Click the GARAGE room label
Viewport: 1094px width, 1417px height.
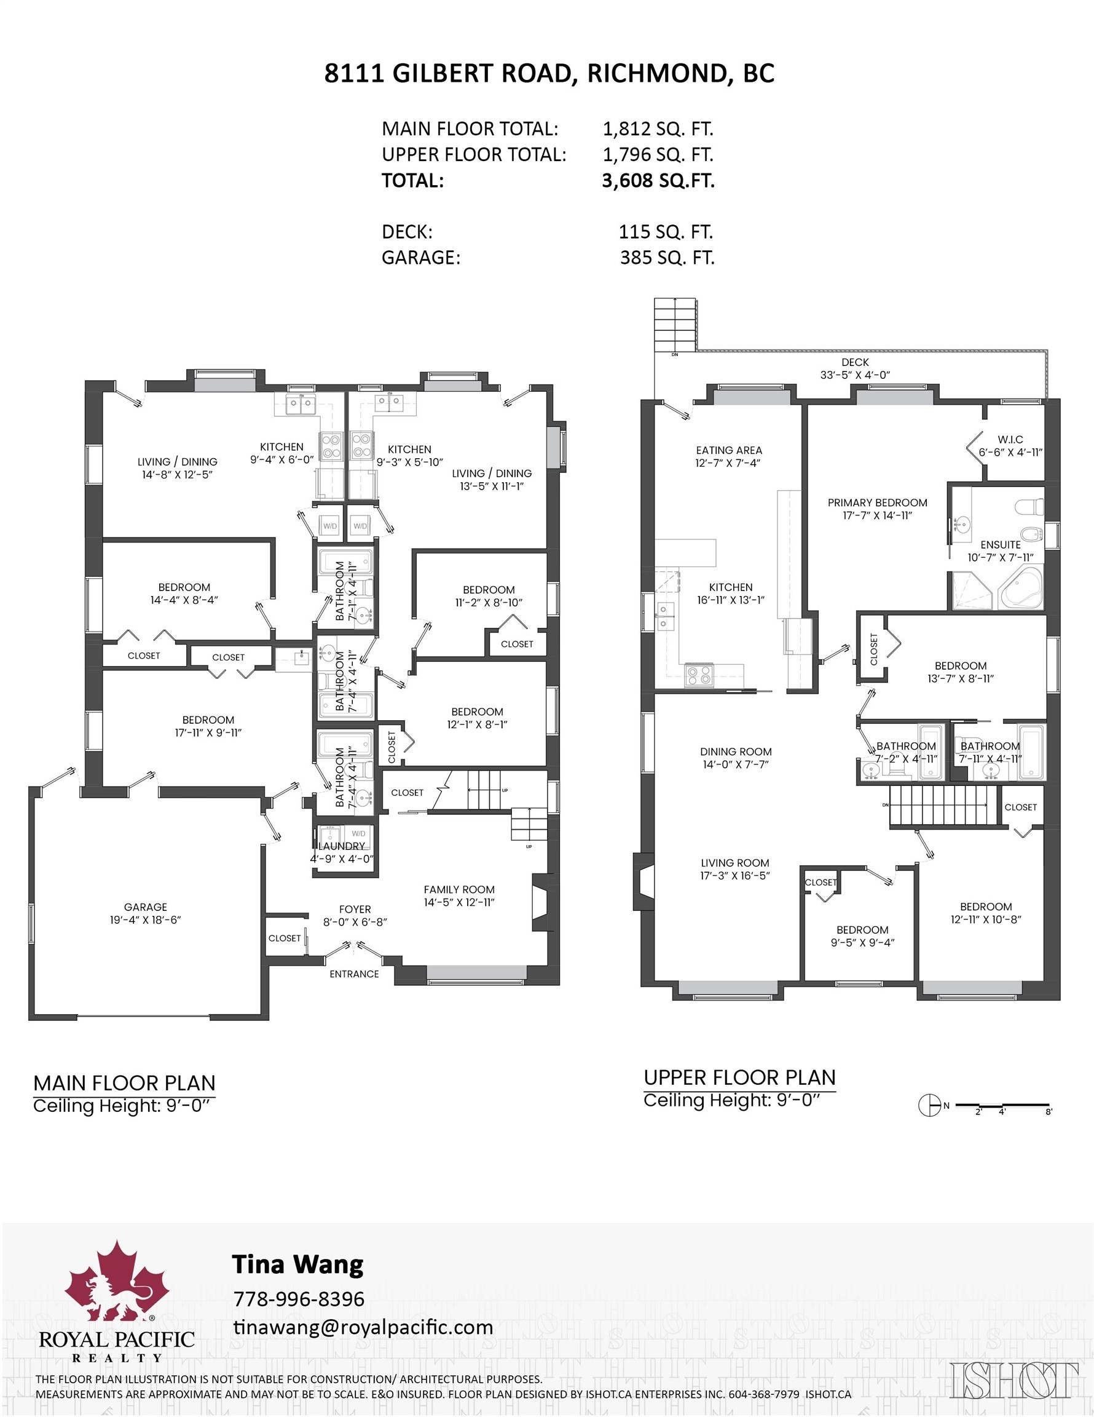tap(145, 907)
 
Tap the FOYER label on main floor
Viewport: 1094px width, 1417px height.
tap(355, 910)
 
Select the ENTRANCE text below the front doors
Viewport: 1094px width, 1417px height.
tap(354, 974)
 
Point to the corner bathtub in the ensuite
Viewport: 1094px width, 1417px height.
tap(1021, 589)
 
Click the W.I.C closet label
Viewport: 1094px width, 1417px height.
tap(1010, 439)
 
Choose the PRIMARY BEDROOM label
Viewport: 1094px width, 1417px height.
tap(877, 503)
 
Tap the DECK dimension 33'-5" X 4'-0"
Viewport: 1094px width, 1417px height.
tap(855, 375)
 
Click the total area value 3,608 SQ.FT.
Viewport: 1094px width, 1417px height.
tap(658, 180)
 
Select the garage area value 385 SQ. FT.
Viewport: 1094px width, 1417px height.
tap(667, 258)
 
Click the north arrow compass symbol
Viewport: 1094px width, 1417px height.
tap(929, 1106)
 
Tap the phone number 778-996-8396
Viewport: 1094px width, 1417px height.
tap(298, 1299)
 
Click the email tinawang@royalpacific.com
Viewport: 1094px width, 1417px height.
tap(363, 1327)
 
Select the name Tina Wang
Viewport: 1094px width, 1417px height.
tap(297, 1264)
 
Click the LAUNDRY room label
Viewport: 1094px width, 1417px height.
tap(341, 846)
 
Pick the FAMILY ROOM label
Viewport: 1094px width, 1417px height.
tap(459, 889)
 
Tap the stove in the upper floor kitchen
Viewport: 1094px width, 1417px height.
tap(699, 676)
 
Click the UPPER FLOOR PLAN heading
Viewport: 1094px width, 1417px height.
tap(739, 1078)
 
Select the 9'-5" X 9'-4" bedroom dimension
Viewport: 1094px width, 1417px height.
tap(862, 943)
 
